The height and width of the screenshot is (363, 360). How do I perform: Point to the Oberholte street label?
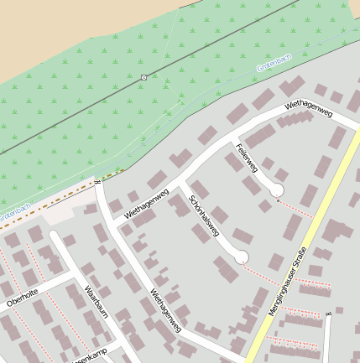tap(22, 298)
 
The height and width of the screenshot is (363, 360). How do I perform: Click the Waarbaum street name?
tap(97, 303)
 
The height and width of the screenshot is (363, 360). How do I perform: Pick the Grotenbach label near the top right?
tap(273, 65)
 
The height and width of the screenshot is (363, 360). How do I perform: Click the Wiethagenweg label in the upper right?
tap(309, 107)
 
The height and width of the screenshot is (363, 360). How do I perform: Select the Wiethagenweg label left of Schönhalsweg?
tap(146, 204)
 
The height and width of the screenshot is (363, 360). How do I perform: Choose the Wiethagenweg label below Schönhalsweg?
tap(165, 309)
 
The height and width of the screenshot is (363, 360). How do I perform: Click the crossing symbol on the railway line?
tap(144, 77)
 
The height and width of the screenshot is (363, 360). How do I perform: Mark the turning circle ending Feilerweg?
tap(276, 190)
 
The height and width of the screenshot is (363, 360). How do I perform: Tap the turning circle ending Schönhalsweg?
tap(242, 257)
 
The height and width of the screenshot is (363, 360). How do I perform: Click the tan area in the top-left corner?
tap(50, 25)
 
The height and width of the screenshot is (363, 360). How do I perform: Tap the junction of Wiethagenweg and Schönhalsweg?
tap(180, 184)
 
